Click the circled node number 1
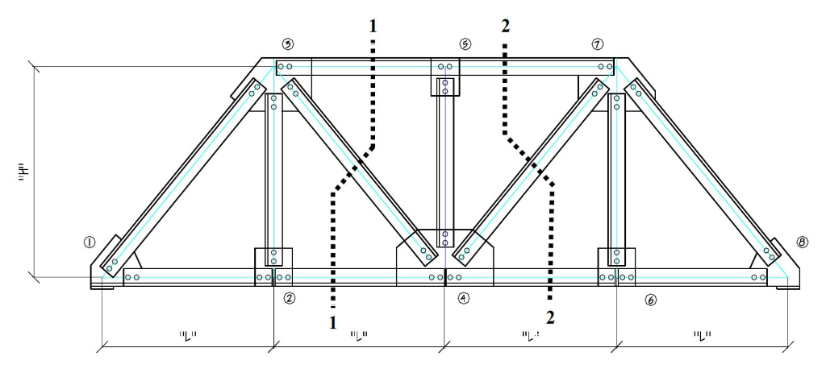coord(90,241)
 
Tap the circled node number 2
coord(289,298)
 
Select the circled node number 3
coord(287,43)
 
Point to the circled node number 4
coord(463,298)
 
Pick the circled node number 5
coord(465,43)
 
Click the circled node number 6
coord(651,300)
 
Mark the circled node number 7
coord(598,43)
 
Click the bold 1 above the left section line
coord(373,26)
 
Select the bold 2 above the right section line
coord(505,26)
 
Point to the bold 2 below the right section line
coord(549,317)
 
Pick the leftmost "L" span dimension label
coord(187,336)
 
